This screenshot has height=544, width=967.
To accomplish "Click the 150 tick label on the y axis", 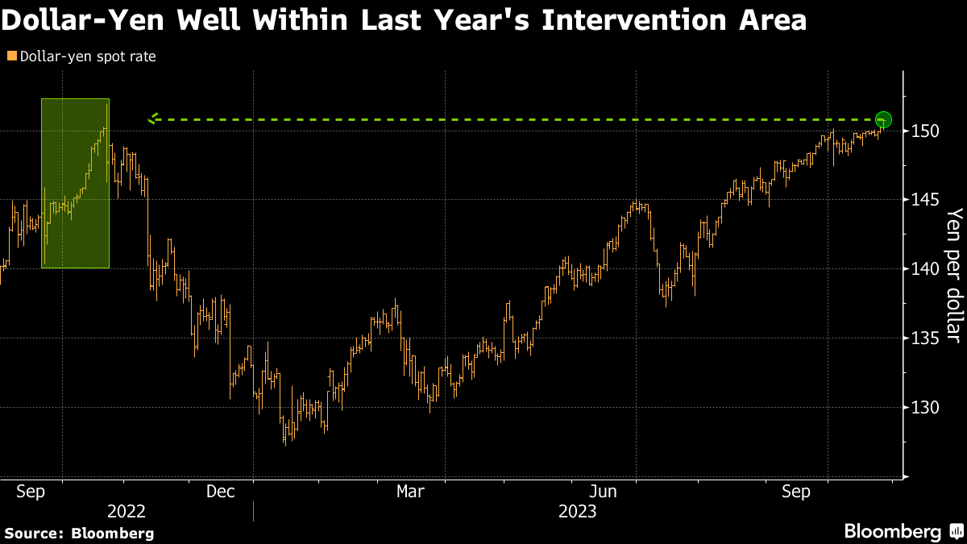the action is pos(925,131).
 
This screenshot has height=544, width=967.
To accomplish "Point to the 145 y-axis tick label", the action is pos(925,200).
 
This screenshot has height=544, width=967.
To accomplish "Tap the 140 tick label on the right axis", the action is pos(925,269).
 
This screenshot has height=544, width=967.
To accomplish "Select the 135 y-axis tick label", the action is pos(925,338).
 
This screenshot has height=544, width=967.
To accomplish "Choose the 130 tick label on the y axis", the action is pos(925,407).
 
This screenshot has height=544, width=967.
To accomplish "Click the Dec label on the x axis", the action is pos(220,492).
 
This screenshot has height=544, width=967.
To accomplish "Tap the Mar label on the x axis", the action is pos(410,492).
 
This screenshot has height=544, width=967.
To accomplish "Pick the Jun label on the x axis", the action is pos(603,492).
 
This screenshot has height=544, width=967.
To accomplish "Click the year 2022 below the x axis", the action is pos(126,512).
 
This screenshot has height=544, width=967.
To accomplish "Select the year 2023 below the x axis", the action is pos(577,512).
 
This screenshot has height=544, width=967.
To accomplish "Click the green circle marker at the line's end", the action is pos(883,119).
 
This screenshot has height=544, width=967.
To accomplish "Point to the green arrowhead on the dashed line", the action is pos(153,118).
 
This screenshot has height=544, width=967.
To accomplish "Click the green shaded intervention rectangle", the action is pos(75,184).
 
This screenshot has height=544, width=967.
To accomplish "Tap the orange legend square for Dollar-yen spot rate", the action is pos(12,56).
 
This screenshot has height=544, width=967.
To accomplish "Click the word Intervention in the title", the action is pos(634,20).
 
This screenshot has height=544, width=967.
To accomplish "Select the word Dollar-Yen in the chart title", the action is pos(82,20).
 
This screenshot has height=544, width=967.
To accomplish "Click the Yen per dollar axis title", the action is pos(954,276).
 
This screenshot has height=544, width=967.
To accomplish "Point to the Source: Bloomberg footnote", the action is pos(80,534).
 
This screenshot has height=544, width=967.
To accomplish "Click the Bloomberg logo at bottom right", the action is pos(904,531).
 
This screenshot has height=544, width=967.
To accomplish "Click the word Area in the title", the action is pos(773,20).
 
